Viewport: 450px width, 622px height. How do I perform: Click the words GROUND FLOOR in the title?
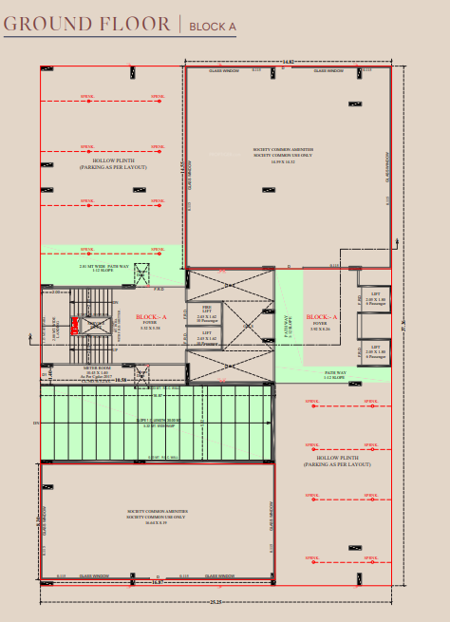point(87,24)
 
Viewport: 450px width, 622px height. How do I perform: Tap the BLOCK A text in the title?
point(213,27)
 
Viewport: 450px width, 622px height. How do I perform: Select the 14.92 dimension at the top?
point(288,63)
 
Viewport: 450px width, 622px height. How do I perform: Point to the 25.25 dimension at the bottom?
point(216,603)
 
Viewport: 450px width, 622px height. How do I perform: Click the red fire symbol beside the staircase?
point(74,326)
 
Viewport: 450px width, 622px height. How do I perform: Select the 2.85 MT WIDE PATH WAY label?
point(104,268)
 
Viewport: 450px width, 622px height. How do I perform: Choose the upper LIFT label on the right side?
point(375,296)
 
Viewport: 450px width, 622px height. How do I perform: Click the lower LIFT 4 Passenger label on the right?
point(375,352)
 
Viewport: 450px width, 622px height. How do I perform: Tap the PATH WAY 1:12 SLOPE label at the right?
point(335,375)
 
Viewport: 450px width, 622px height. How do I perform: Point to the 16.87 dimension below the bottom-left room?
point(158,582)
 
